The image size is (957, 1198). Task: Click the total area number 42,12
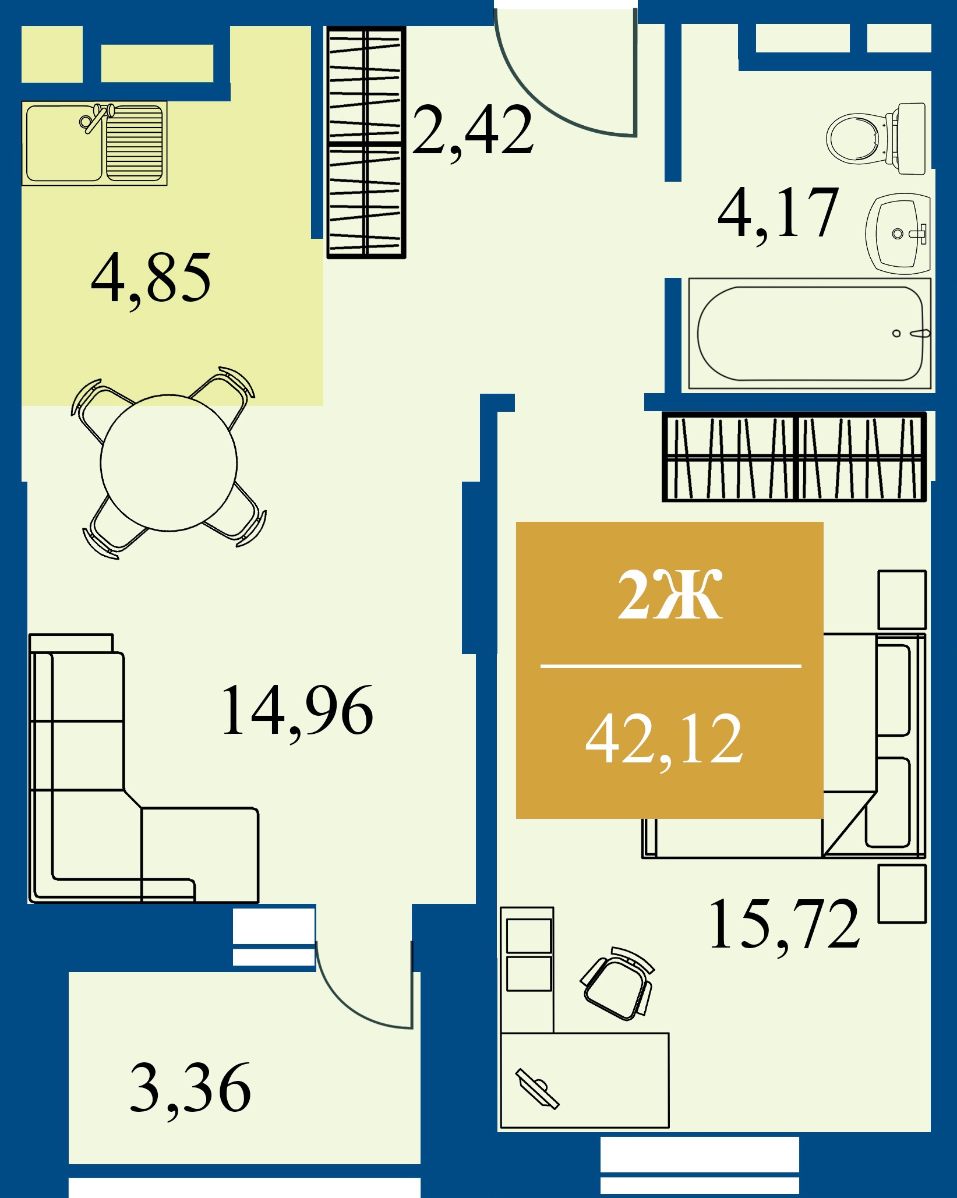coord(665,741)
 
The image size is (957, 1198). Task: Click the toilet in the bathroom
coord(876,139)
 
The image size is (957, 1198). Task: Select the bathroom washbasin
coord(898,233)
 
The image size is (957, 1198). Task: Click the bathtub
coord(810,333)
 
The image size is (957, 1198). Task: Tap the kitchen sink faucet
coord(96,118)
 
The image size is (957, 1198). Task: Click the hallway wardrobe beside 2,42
coord(366,143)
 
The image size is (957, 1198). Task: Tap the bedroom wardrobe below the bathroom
coord(794,457)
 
